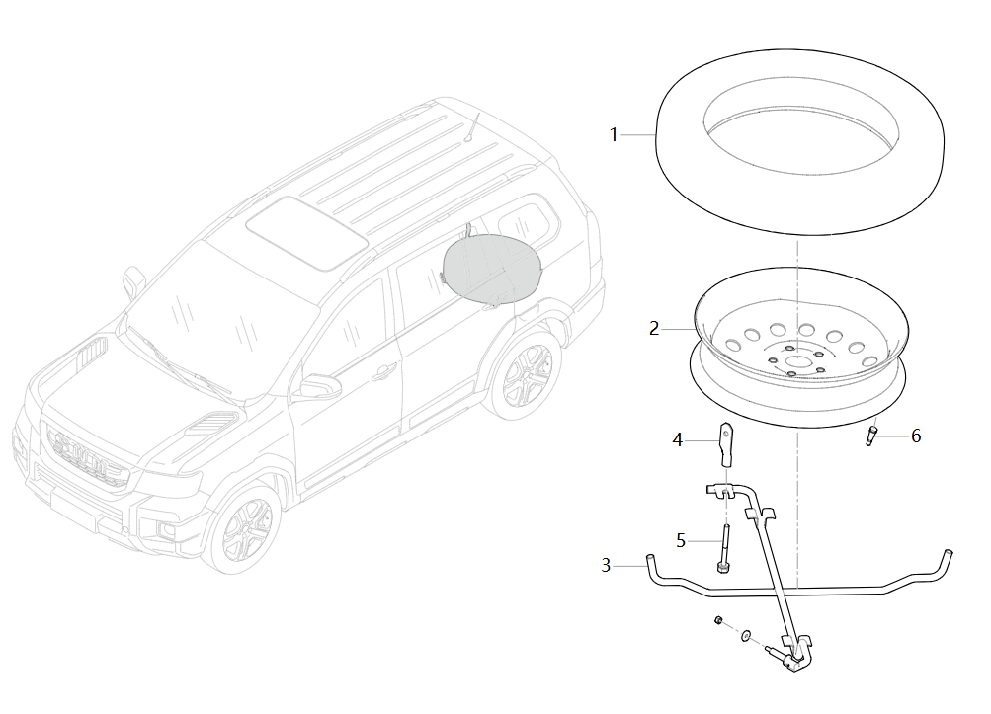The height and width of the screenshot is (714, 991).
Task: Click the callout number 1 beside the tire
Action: pyautogui.click(x=613, y=134)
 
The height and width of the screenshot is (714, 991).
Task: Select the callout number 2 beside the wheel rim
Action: pyautogui.click(x=654, y=329)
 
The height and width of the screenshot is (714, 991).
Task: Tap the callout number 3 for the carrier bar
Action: pyautogui.click(x=606, y=565)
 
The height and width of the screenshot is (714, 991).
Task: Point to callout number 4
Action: pyautogui.click(x=678, y=439)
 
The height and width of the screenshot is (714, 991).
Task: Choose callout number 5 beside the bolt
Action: pyautogui.click(x=681, y=541)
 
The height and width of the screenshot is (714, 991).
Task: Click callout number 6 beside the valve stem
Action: pyautogui.click(x=916, y=436)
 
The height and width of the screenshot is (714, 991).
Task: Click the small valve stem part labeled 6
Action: pyautogui.click(x=871, y=436)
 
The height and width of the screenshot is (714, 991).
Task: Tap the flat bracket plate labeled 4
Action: pyautogui.click(x=726, y=444)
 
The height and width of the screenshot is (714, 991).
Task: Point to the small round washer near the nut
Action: pyautogui.click(x=746, y=634)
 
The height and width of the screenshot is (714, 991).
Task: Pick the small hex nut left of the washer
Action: pyautogui.click(x=718, y=620)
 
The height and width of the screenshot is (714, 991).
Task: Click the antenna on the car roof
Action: pyautogui.click(x=472, y=127)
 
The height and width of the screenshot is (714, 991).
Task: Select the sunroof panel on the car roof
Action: pyautogui.click(x=307, y=232)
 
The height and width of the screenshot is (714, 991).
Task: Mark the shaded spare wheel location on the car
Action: pyautogui.click(x=492, y=268)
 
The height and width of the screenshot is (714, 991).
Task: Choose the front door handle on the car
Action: pyautogui.click(x=383, y=372)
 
